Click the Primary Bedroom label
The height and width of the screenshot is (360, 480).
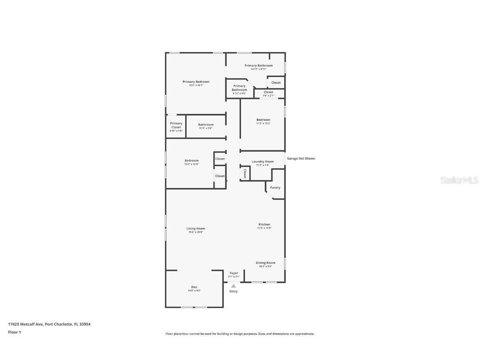click(196, 82)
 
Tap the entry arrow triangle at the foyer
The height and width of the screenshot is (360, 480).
click(233, 286)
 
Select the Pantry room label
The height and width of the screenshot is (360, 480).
click(275, 187)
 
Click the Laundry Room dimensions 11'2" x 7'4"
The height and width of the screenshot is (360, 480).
click(262, 165)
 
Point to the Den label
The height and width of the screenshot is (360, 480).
click(194, 287)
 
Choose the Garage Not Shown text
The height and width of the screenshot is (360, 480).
click(301, 158)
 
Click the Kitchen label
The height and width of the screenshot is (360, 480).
click(264, 224)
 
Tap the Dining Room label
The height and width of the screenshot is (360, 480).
click(265, 262)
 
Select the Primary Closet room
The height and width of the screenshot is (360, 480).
click(176, 126)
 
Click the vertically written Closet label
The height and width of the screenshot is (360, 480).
click(245, 173)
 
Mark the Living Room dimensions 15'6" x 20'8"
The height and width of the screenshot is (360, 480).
click(195, 232)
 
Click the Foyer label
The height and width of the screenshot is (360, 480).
click(234, 273)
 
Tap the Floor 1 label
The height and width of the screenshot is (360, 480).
click(14, 332)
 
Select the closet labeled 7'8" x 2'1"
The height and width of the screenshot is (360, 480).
click(268, 93)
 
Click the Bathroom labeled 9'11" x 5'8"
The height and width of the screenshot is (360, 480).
click(205, 126)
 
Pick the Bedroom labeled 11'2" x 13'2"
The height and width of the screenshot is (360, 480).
click(263, 121)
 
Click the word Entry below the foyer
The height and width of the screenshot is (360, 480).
click(233, 291)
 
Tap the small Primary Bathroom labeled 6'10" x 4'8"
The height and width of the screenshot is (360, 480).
click(239, 89)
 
